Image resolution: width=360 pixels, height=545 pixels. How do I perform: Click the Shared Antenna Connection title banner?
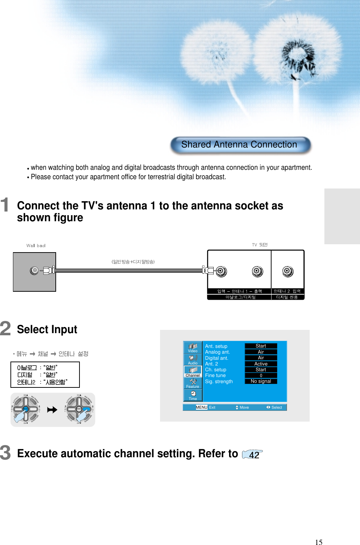[240, 145]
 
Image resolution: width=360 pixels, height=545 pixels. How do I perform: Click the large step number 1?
[5, 205]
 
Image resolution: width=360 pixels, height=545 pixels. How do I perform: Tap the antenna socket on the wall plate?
[34, 270]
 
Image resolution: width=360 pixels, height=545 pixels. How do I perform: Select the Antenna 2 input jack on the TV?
[288, 271]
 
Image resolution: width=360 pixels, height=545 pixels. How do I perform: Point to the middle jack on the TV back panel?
[258, 271]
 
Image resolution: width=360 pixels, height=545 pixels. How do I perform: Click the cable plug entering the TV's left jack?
[208, 270]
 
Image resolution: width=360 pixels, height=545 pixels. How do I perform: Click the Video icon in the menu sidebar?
[193, 348]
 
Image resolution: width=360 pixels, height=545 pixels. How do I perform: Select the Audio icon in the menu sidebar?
[193, 359]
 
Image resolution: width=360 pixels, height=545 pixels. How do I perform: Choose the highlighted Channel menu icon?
[193, 371]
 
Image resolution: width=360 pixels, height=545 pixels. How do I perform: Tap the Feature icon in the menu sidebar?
[193, 383]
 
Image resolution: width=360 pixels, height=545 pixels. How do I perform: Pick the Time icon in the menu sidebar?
[193, 395]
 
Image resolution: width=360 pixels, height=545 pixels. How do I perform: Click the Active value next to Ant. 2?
[261, 364]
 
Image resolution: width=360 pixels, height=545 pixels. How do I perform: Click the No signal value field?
[261, 381]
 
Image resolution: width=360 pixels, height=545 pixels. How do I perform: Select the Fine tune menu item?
[215, 376]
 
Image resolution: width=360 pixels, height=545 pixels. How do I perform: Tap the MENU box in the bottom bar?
[201, 407]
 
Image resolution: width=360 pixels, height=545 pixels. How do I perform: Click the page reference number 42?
[254, 455]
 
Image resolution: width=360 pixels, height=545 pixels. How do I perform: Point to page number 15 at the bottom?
[319, 542]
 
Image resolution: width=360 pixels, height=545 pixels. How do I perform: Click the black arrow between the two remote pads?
[53, 410]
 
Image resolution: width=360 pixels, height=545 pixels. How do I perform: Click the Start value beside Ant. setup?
[261, 346]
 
